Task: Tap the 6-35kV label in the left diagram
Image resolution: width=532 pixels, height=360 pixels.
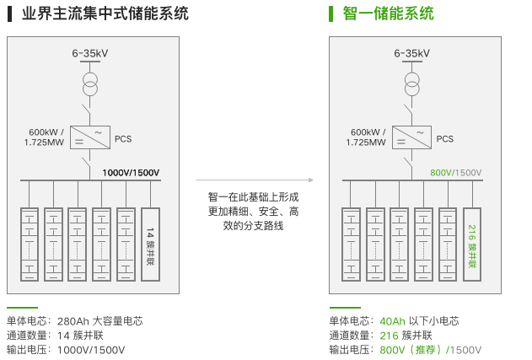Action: (x=90, y=54)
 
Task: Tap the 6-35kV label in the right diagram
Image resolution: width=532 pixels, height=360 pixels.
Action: (x=412, y=54)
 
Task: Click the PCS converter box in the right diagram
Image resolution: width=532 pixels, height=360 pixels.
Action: (x=412, y=137)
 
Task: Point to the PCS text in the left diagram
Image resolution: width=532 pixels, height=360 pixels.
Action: (x=123, y=138)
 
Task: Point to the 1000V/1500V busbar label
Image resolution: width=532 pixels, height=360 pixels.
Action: (x=131, y=173)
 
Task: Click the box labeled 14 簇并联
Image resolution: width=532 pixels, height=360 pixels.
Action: (x=150, y=244)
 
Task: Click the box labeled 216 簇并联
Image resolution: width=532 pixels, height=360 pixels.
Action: (x=472, y=244)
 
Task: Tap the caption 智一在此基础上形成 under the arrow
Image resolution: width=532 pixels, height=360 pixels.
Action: (x=253, y=197)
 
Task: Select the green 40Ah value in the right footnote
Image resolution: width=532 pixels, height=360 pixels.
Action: (x=393, y=321)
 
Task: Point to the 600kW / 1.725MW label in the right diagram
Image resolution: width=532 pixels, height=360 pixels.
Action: (x=368, y=137)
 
